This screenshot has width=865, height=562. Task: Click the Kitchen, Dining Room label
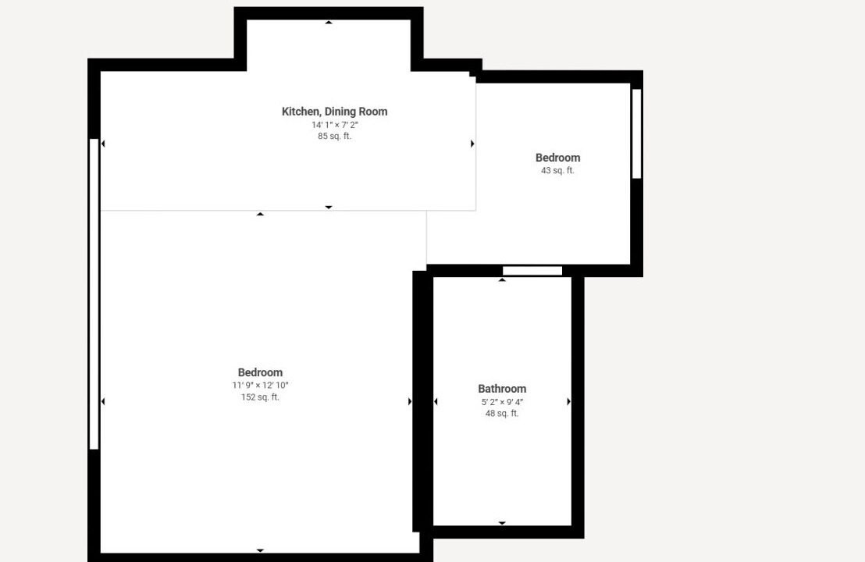(x=334, y=112)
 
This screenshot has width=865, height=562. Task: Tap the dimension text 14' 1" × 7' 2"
(x=334, y=125)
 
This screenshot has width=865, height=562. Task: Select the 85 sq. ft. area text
(x=334, y=136)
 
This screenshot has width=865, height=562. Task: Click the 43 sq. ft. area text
(x=557, y=170)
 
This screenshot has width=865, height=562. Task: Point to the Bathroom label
(x=502, y=389)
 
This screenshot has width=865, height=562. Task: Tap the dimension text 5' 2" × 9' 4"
(x=502, y=402)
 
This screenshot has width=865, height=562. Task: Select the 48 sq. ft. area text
(x=502, y=413)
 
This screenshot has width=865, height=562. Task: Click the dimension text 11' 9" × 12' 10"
(x=261, y=386)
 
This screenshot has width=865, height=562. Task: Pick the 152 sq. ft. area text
(x=261, y=397)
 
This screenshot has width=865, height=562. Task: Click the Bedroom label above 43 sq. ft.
(x=557, y=158)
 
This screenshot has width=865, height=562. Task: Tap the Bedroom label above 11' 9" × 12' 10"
(x=261, y=373)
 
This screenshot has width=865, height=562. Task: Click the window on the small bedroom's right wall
(x=636, y=134)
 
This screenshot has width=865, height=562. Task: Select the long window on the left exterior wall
(x=94, y=294)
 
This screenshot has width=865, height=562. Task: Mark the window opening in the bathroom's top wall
(x=532, y=271)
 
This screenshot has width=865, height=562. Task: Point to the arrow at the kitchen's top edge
(x=329, y=23)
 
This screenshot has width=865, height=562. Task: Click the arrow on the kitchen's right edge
(x=472, y=144)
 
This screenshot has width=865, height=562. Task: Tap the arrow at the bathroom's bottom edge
(x=502, y=523)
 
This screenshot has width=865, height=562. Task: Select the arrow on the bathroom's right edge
(x=569, y=401)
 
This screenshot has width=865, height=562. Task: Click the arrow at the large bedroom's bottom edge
(x=261, y=550)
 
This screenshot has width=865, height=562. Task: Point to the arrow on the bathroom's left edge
(x=436, y=401)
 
